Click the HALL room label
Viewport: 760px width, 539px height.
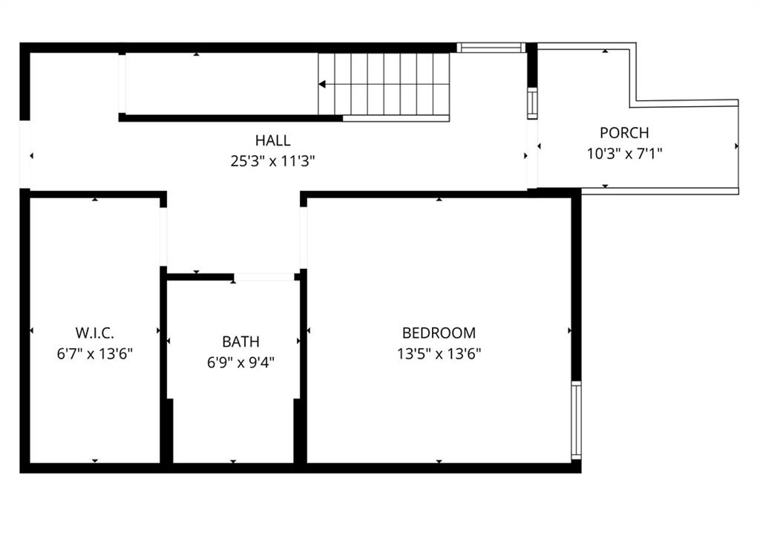[273, 140]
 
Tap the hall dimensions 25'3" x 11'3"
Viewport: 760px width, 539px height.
[273, 161]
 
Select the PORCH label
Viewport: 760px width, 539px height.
[624, 133]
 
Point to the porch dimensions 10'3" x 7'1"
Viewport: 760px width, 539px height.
[624, 154]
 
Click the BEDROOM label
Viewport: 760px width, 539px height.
[439, 333]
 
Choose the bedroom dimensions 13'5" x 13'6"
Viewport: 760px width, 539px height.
[439, 354]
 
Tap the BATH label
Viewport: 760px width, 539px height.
[241, 342]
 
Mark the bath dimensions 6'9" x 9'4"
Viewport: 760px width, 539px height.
[241, 362]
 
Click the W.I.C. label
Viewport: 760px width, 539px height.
[95, 333]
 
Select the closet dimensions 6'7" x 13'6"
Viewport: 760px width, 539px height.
[95, 354]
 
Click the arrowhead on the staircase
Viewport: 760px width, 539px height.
[322, 85]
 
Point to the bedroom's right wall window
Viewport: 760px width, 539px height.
[576, 419]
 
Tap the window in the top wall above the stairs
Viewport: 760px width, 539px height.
[491, 48]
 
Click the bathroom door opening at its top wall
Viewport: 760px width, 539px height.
[264, 277]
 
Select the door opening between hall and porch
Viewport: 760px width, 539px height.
[532, 154]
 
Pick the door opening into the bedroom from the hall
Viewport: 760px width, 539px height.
[304, 238]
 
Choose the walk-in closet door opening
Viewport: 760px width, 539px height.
[163, 237]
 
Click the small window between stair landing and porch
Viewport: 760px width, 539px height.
[532, 103]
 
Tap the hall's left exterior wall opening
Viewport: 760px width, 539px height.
[24, 154]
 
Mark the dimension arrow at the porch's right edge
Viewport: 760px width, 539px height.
[737, 146]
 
